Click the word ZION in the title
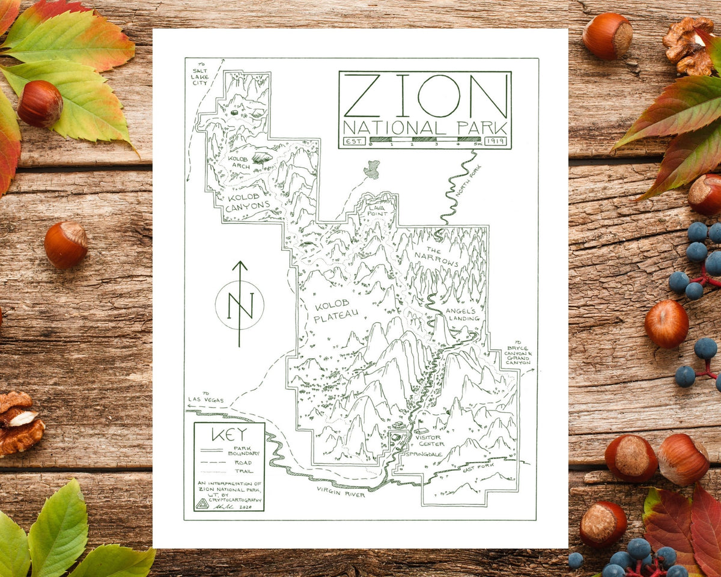click(425, 96)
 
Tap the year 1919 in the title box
click(496, 141)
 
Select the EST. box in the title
click(351, 141)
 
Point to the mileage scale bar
click(425, 140)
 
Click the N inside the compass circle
click(240, 305)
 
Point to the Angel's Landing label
click(463, 314)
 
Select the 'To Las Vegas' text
click(205, 397)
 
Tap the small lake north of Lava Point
click(372, 169)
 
